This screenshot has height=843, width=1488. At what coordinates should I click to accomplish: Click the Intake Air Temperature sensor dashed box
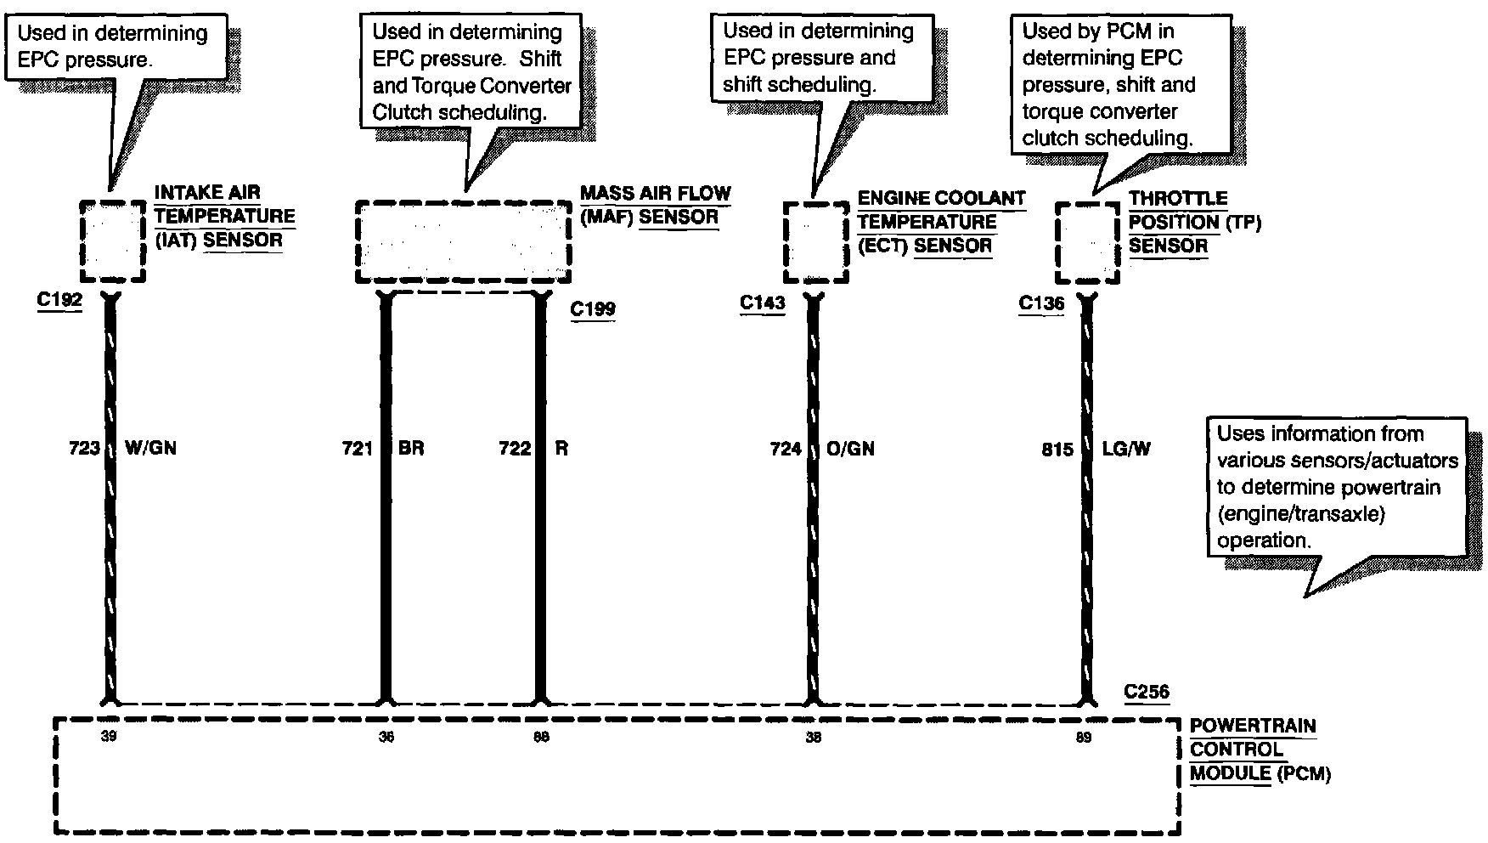(113, 241)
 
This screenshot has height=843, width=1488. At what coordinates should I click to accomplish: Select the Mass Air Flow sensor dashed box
(463, 242)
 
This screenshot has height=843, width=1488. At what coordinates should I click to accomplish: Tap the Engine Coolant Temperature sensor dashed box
(815, 241)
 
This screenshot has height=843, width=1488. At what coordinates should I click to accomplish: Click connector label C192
(59, 303)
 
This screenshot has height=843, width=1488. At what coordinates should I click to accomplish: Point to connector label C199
(593, 308)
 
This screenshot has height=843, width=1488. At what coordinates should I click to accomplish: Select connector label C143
(762, 303)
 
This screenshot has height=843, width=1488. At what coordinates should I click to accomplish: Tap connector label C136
(1041, 303)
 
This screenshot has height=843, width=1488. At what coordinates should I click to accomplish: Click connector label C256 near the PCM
(1147, 692)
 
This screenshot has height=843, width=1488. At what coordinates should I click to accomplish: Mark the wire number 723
(85, 448)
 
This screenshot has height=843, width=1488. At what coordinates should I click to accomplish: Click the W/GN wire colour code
(150, 448)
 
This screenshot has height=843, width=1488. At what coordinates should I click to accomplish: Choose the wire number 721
(358, 448)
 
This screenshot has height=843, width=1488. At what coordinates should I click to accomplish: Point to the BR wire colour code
(411, 448)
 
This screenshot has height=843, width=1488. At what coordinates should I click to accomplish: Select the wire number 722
(515, 448)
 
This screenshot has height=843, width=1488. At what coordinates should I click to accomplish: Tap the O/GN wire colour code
(850, 448)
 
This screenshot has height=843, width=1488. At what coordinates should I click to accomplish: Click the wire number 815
(1057, 449)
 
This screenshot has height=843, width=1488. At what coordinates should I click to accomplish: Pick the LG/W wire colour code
(1126, 448)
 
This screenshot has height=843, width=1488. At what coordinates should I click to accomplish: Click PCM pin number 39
(108, 737)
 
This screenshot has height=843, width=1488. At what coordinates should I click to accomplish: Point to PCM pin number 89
(1084, 738)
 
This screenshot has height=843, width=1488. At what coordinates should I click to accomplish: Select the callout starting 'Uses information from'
(1337, 486)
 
